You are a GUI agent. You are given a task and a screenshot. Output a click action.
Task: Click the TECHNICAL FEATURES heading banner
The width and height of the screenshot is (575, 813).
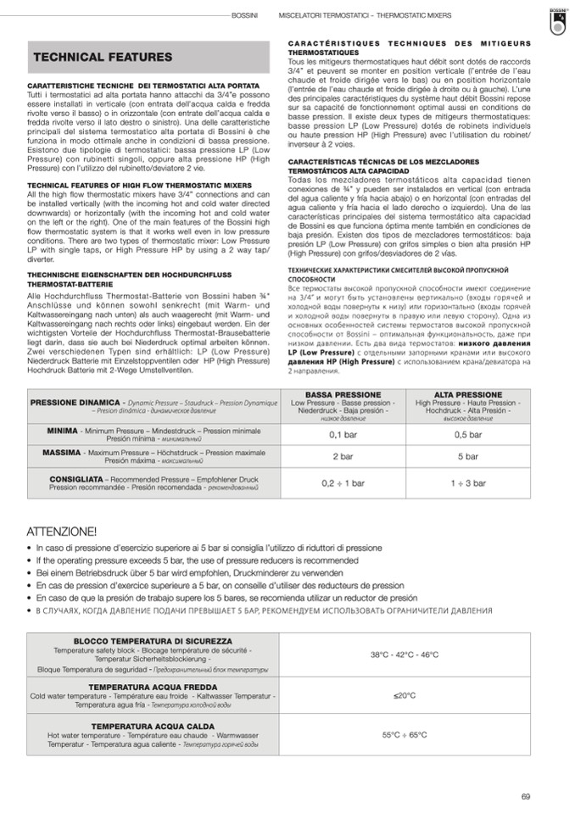tap(102, 57)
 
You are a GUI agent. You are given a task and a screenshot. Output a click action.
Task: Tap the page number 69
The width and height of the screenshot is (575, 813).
tap(526, 796)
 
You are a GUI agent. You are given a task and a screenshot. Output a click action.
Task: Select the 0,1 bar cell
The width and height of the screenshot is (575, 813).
tap(343, 434)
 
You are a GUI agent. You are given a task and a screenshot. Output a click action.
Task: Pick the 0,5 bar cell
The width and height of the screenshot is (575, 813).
tap(468, 434)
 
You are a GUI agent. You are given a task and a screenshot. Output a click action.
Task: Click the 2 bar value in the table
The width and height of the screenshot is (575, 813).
tap(343, 456)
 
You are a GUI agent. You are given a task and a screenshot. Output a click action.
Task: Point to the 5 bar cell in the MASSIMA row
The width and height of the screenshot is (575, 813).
tap(468, 456)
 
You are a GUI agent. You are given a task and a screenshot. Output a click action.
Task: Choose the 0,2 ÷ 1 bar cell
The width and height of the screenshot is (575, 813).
tap(343, 483)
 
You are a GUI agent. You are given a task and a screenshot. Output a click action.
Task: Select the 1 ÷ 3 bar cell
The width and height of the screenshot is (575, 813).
tap(468, 483)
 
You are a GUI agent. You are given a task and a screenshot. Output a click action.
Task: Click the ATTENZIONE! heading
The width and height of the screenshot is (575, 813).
tap(62, 532)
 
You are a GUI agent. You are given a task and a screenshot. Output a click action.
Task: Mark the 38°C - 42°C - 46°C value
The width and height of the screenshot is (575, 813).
tap(405, 654)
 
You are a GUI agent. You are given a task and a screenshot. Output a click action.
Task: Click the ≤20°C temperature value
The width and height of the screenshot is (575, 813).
tap(405, 695)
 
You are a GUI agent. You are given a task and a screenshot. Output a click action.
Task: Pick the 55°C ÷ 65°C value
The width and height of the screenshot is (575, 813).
tap(405, 735)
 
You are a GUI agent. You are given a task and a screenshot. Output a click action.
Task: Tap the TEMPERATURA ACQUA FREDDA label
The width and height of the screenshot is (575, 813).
tap(153, 686)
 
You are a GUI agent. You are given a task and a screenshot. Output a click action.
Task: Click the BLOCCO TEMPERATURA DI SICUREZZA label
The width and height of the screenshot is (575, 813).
tap(153, 641)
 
